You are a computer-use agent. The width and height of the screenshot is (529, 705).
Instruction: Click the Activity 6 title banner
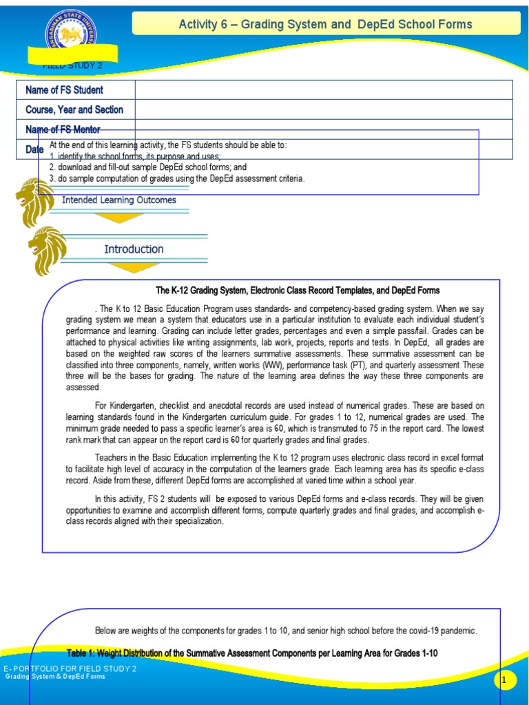[325, 24]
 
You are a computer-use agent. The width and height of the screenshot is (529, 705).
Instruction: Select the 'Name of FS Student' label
[64, 90]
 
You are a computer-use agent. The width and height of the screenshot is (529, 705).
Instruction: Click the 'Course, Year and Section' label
[74, 109]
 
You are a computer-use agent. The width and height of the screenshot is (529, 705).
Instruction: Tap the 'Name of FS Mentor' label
[63, 129]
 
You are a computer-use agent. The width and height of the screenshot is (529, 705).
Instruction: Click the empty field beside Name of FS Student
[324, 90]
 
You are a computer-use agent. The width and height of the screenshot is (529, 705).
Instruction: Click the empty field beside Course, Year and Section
[324, 109]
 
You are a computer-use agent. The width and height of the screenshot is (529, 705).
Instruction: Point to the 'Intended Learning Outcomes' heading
[119, 200]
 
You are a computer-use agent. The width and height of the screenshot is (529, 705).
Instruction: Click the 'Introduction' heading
[134, 249]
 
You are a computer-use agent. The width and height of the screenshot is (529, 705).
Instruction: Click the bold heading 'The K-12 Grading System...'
[298, 291]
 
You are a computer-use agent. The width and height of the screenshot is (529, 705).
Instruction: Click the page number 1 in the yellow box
[504, 680]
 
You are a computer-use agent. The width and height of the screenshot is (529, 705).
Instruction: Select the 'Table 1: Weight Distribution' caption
[252, 653]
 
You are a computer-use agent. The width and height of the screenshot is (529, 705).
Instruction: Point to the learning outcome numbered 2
[147, 167]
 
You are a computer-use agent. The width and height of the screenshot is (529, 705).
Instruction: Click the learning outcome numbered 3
[176, 178]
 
